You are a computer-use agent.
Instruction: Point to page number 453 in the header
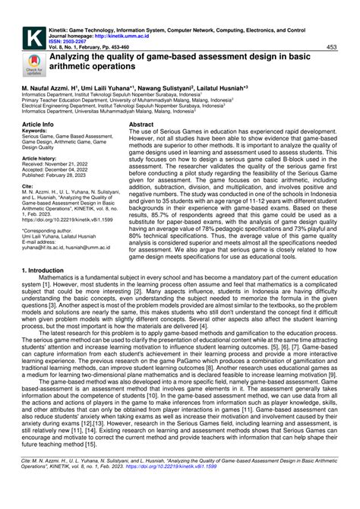point(331,47)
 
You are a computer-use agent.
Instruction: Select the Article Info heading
point(37,123)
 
